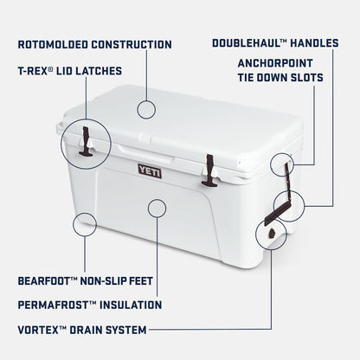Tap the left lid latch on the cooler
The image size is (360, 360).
point(87,141)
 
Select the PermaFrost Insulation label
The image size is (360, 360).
point(89,305)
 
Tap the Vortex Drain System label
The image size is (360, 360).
point(82,329)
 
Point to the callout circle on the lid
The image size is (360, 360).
point(146,109)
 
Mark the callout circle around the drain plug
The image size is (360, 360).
point(269,234)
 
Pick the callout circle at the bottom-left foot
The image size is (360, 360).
point(84,226)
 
